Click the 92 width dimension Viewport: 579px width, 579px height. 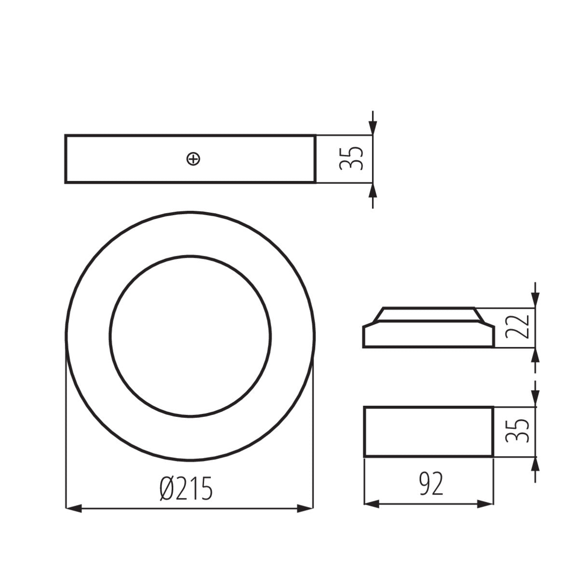click(x=430, y=485)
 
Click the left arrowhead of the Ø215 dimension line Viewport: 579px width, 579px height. click(x=73, y=508)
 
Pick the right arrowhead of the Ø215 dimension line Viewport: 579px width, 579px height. click(x=305, y=508)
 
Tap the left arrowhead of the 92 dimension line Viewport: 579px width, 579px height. click(x=371, y=504)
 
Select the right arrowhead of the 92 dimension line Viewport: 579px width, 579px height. click(x=485, y=504)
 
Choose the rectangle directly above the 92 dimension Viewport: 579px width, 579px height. click(x=428, y=431)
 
